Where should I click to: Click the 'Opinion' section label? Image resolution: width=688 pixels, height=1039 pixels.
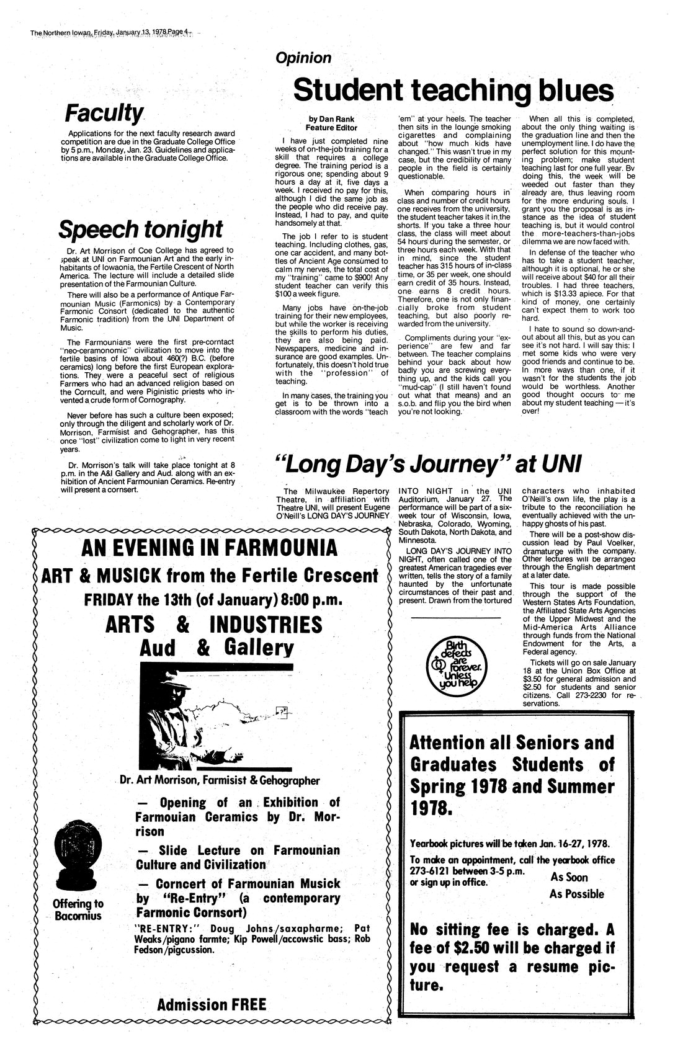coord(303,58)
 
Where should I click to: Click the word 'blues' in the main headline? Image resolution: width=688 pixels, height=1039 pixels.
coord(571,91)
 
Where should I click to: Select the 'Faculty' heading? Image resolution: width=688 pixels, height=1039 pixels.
coord(105,114)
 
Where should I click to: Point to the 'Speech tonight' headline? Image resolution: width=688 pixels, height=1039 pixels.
coord(140,229)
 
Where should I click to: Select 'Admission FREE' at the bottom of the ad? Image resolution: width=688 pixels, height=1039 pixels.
coord(212,1004)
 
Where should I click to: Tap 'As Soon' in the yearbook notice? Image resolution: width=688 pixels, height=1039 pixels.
coord(569,877)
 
